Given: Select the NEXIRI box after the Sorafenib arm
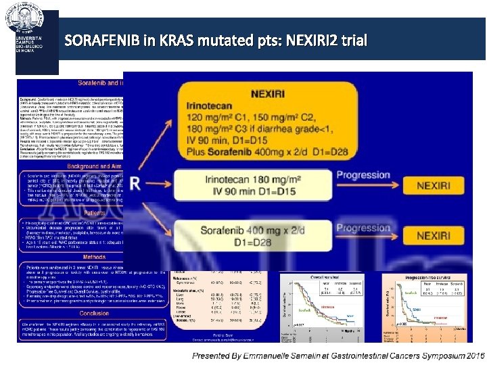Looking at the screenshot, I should [x=434, y=236].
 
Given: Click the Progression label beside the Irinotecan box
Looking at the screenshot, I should [x=363, y=175].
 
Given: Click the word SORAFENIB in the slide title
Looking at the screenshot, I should [x=110, y=41].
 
